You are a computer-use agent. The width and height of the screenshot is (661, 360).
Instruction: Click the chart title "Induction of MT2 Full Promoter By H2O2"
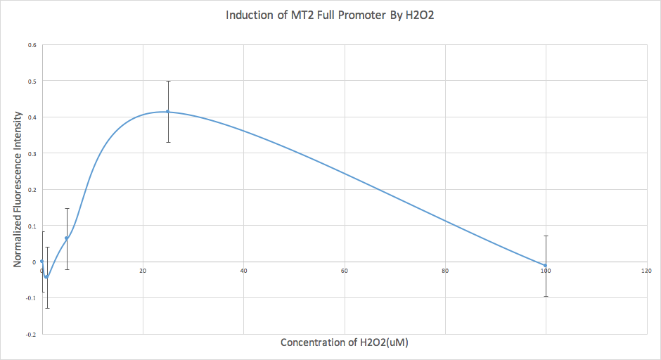[x=329, y=15]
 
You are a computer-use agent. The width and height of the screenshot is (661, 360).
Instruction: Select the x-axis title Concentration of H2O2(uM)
[x=345, y=343]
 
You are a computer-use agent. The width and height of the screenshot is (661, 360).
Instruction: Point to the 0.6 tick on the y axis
[x=32, y=45]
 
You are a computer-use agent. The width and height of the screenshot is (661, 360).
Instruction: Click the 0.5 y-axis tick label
[x=32, y=81]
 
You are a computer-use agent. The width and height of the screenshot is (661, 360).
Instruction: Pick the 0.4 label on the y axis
[x=32, y=117]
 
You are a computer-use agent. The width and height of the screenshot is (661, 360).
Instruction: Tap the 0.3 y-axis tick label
[x=32, y=153]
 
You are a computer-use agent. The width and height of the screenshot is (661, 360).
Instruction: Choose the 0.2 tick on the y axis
[x=32, y=190]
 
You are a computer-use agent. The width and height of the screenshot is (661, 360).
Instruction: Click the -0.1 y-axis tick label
[x=30, y=298]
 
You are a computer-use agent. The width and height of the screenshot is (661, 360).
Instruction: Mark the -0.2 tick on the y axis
[x=30, y=335]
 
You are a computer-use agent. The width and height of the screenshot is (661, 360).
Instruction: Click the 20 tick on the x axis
[x=143, y=271]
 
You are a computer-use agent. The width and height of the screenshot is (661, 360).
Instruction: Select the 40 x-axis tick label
[x=243, y=271]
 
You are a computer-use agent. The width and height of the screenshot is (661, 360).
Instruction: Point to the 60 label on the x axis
[x=345, y=271]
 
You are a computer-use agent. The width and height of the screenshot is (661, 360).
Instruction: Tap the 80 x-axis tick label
[x=445, y=271]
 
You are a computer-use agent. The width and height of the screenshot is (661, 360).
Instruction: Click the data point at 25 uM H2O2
[x=168, y=111]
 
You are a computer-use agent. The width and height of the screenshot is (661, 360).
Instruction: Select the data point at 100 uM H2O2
[x=546, y=265]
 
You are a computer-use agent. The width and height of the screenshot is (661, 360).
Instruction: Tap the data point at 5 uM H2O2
[x=67, y=238]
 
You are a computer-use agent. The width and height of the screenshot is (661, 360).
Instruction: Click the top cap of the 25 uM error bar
[x=168, y=81]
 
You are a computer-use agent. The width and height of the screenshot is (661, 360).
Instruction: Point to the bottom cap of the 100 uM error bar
[x=546, y=296]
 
